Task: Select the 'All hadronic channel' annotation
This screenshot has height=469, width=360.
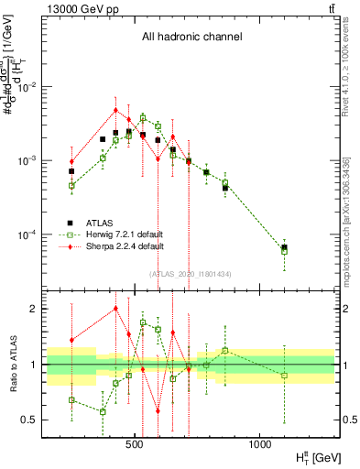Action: [191, 38]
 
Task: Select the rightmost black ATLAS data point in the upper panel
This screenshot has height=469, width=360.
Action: [284, 247]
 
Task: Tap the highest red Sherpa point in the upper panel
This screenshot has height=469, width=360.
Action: [115, 110]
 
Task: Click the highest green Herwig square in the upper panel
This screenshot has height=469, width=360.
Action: [143, 117]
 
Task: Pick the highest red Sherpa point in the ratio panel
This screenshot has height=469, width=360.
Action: [115, 309]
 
